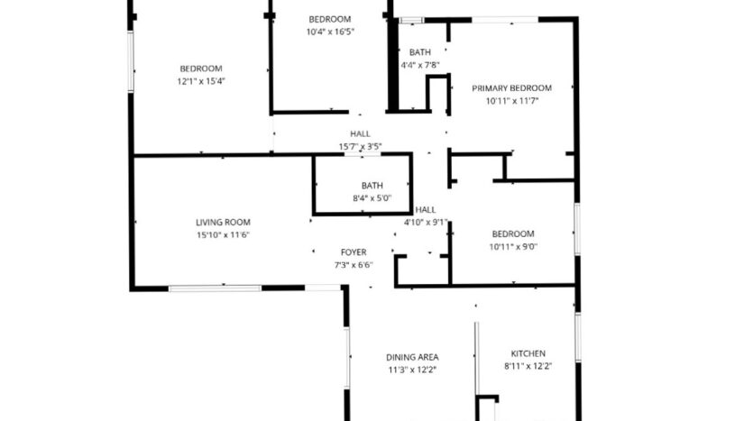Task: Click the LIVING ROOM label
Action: tap(223, 222)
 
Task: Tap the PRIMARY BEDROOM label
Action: tap(511, 87)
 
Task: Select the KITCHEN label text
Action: tap(528, 353)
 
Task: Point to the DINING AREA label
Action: tap(412, 356)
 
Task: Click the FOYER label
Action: tap(353, 252)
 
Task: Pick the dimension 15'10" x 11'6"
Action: tap(223, 235)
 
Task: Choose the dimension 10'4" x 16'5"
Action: tap(330, 32)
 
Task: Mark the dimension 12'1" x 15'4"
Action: tap(200, 81)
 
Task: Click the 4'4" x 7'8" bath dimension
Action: tap(419, 65)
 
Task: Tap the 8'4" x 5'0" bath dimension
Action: tap(372, 198)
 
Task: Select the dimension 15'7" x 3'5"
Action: tap(360, 146)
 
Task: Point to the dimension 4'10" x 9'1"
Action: tap(426, 222)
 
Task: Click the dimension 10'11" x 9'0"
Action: tap(513, 246)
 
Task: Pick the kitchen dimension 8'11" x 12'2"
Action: tap(528, 367)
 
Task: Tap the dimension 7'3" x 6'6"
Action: tap(353, 265)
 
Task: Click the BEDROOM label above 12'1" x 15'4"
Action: tap(200, 69)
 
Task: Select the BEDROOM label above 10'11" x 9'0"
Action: tap(512, 233)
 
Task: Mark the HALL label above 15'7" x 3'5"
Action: tap(360, 133)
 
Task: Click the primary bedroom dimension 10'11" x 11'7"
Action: tap(511, 101)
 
